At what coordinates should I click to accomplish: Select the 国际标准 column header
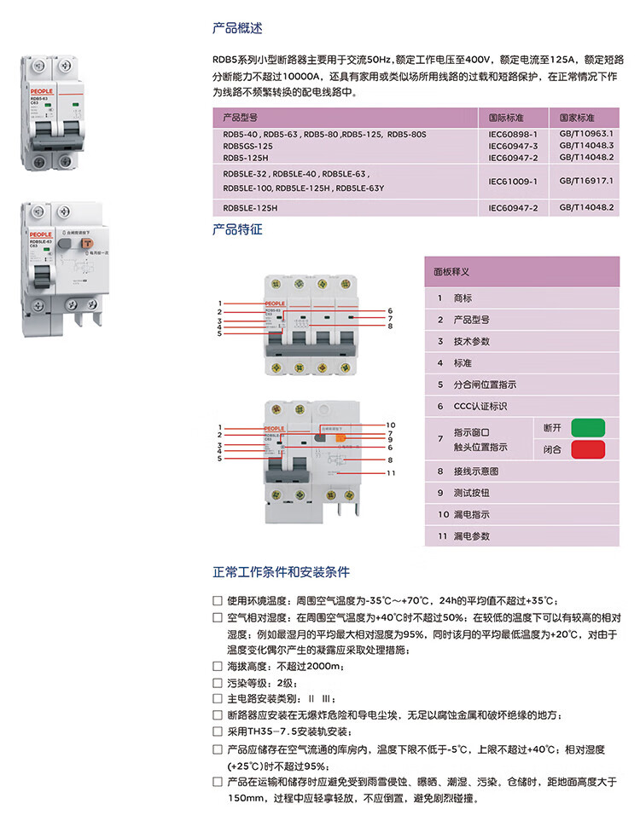pyautogui.click(x=505, y=117)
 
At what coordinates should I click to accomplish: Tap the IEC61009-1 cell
pyautogui.click(x=513, y=181)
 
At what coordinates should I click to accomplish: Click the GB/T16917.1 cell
pyautogui.click(x=586, y=181)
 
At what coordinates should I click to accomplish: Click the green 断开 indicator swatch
pyautogui.click(x=588, y=426)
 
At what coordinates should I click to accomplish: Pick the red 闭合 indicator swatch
pyautogui.click(x=588, y=448)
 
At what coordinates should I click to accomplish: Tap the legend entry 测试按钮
pyautogui.click(x=471, y=493)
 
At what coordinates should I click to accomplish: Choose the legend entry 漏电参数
pyautogui.click(x=471, y=536)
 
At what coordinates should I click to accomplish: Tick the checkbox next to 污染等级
pyautogui.click(x=218, y=682)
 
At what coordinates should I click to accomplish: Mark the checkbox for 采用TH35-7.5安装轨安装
pyautogui.click(x=218, y=732)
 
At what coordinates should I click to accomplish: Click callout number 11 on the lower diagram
pyautogui.click(x=391, y=472)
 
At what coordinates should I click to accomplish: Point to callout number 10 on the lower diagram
pyautogui.click(x=391, y=425)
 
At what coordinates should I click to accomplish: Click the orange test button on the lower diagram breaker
pyautogui.click(x=339, y=438)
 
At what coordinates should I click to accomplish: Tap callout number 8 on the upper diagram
pyautogui.click(x=389, y=326)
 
